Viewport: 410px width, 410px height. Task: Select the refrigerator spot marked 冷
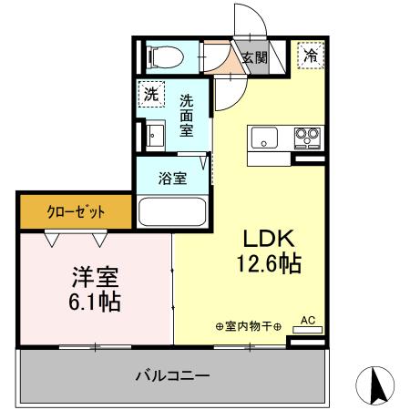(311, 56)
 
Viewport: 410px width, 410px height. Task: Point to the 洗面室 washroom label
(186, 117)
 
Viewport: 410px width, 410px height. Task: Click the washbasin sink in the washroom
(152, 137)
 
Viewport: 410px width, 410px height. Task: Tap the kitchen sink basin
(265, 138)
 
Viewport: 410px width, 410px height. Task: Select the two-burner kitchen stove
(305, 138)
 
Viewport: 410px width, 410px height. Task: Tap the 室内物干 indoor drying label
(247, 325)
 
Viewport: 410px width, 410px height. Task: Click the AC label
(307, 321)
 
